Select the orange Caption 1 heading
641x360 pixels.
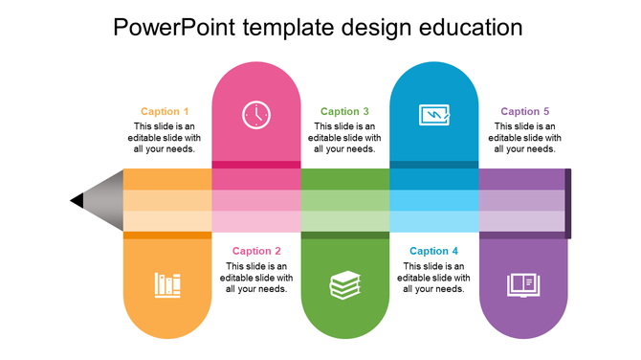pos(166,112)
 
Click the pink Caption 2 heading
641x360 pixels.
pos(256,252)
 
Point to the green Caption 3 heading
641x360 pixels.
pos(345,112)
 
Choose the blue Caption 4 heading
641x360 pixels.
pos(434,252)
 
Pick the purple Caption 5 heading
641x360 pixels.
pos(525,112)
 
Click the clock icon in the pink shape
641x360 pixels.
pos(256,115)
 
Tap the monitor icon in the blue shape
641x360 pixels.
pos(434,115)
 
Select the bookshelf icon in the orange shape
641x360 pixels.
pos(167,284)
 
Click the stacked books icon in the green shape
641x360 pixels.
pos(345,284)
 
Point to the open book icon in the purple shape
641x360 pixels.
pos(523,284)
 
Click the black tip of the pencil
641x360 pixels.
pos(77,201)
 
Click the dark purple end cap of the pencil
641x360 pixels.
pos(568,203)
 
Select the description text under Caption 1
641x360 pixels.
pos(166,138)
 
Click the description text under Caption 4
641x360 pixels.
pos(434,278)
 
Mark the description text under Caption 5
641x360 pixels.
pos(525,138)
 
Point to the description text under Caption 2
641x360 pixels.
pos(256,278)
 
